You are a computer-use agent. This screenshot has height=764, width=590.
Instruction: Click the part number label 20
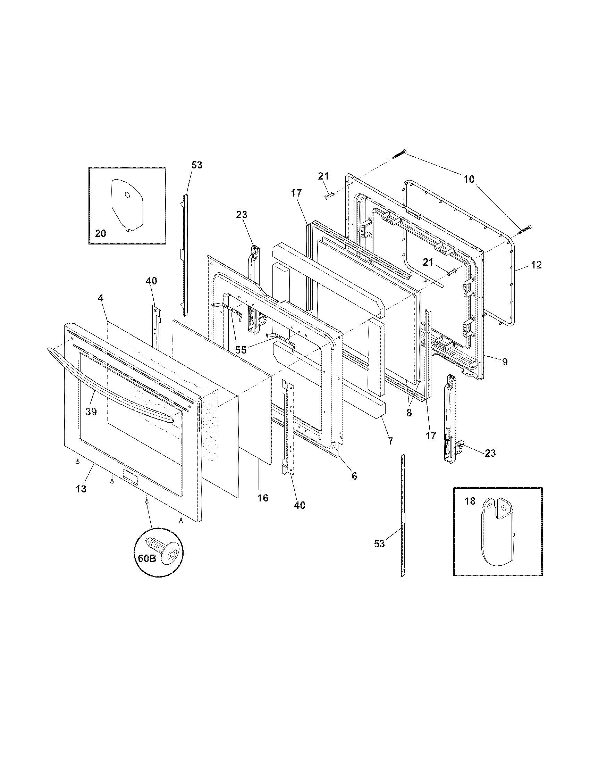click(100, 233)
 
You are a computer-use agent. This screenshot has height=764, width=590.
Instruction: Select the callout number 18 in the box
click(470, 501)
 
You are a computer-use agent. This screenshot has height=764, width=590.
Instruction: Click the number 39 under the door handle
click(91, 412)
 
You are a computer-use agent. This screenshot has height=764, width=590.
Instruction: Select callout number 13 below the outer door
click(81, 489)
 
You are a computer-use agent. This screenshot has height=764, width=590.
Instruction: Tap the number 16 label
click(262, 498)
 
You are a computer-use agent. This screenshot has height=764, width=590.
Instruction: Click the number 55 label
click(241, 350)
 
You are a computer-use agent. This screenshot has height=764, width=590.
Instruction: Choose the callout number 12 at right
click(536, 265)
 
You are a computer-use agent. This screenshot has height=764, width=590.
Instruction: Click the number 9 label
click(505, 362)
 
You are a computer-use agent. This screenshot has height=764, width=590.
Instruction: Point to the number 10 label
click(469, 180)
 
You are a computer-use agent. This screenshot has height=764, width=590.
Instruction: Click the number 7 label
click(390, 441)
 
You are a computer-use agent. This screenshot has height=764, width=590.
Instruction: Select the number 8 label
click(409, 413)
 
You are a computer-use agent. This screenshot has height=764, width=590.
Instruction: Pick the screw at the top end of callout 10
click(399, 153)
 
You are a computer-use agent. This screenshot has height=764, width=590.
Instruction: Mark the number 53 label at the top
click(197, 165)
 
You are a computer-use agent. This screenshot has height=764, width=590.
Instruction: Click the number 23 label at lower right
click(490, 453)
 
